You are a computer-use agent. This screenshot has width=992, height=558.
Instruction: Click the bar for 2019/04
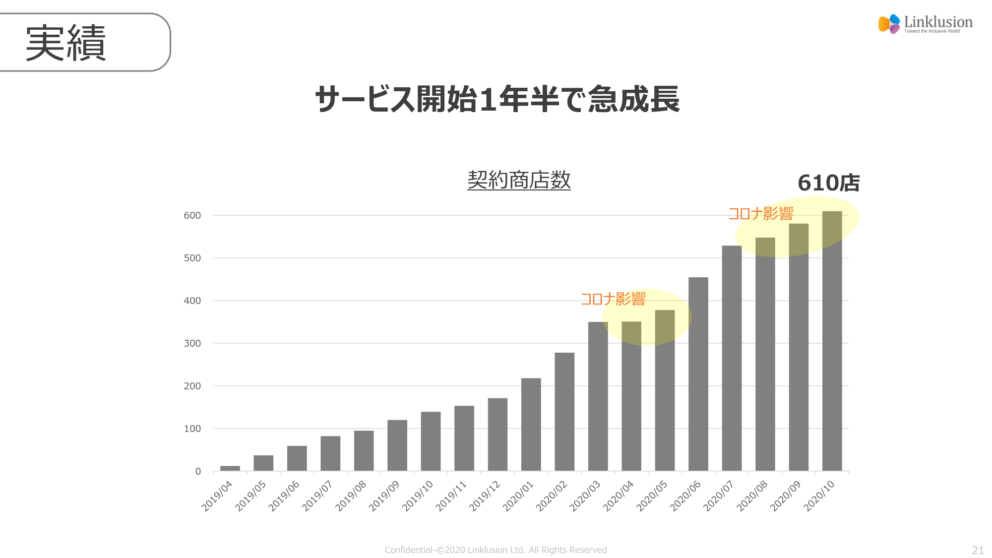click(230, 468)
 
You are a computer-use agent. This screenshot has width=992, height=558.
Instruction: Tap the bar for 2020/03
click(598, 396)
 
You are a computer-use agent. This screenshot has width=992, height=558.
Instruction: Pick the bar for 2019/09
click(397, 445)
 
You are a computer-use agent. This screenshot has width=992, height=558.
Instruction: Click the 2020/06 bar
click(698, 374)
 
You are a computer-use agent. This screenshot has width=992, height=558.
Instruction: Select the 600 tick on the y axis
click(192, 215)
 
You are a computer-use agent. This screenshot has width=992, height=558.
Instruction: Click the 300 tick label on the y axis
click(192, 343)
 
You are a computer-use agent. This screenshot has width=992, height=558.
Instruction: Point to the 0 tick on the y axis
click(198, 471)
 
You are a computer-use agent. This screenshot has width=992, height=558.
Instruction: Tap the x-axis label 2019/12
click(485, 496)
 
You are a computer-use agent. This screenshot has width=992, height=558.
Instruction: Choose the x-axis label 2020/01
click(518, 496)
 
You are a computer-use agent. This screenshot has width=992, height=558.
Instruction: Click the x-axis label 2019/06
click(284, 496)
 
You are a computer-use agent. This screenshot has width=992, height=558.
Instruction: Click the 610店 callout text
click(828, 183)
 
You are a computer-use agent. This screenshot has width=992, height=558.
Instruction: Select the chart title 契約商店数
click(519, 180)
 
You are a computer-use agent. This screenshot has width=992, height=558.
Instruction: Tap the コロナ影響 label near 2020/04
click(613, 299)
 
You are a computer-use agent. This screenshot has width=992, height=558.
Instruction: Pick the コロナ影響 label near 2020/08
click(760, 214)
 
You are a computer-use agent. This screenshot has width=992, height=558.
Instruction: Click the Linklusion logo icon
click(889, 24)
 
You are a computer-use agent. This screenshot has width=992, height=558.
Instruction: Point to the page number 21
click(978, 550)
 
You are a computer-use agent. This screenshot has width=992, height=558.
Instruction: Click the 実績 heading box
click(84, 43)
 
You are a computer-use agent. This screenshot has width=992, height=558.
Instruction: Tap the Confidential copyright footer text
click(496, 550)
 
